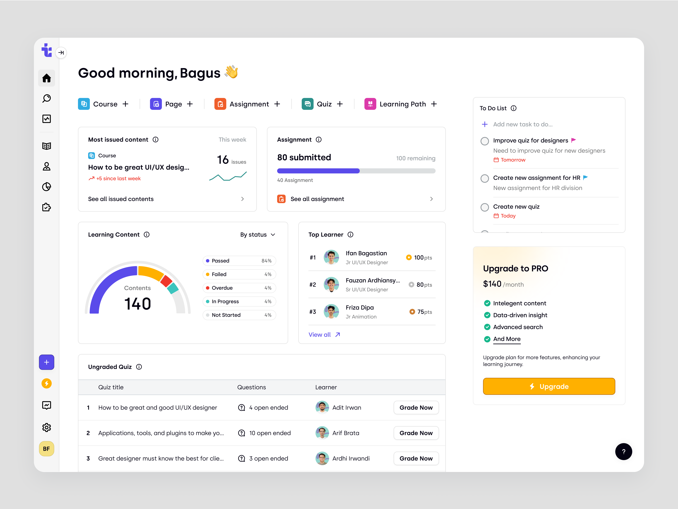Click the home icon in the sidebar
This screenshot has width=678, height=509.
(x=47, y=78)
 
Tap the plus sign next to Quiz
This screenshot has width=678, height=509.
(x=340, y=104)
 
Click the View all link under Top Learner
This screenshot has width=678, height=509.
(x=324, y=334)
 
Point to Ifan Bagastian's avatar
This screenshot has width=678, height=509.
(x=331, y=257)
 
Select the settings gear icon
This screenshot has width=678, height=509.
(x=47, y=427)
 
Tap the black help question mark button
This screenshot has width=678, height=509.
(x=623, y=452)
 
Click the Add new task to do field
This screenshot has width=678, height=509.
(x=523, y=124)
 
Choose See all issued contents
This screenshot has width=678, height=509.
(x=121, y=199)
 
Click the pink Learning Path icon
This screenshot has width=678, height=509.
(x=370, y=104)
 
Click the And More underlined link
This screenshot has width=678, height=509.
(x=507, y=339)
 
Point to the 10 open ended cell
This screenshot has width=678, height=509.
(x=270, y=433)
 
